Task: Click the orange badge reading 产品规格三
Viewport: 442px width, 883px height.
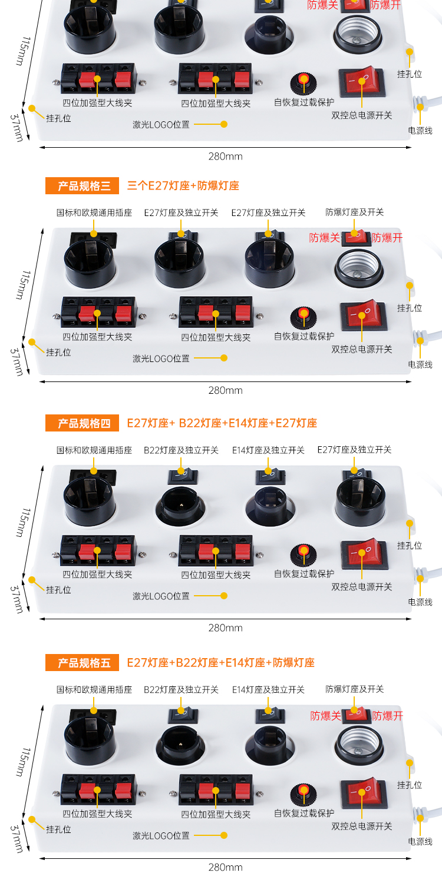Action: (82, 185)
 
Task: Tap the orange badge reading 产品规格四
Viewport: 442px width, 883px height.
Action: (82, 423)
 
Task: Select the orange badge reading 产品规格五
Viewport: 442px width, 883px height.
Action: (82, 663)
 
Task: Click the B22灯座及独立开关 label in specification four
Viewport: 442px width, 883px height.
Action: (181, 450)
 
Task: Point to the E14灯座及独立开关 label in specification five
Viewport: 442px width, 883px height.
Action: (268, 689)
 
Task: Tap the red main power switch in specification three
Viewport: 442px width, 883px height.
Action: (363, 314)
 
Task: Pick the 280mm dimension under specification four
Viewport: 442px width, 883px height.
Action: (225, 628)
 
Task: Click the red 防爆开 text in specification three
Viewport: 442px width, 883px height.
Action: (387, 238)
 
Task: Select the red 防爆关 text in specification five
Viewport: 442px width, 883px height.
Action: (325, 715)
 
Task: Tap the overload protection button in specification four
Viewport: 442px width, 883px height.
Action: (303, 555)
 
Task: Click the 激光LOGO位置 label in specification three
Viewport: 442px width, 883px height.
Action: (161, 358)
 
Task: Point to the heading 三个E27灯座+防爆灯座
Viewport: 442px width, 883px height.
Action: (183, 185)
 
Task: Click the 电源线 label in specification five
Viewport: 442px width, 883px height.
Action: (420, 842)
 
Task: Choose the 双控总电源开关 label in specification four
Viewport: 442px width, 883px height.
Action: (362, 586)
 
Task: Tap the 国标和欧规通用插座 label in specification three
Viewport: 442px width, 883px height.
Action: (94, 213)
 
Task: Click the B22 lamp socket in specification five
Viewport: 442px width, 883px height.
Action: (180, 744)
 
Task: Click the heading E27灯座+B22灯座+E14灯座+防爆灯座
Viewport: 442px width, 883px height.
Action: (221, 663)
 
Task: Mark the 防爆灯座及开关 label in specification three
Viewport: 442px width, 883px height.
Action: (354, 212)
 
